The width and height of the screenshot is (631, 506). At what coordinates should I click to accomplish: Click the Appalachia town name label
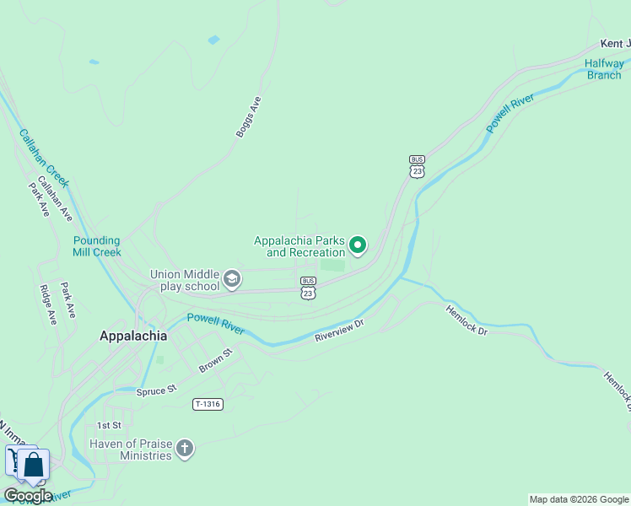point(133,335)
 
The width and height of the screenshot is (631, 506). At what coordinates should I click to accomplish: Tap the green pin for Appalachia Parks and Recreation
point(358,245)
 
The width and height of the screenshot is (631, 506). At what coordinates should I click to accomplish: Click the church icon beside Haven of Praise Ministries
point(185,449)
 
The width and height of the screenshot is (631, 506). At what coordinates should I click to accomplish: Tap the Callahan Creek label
point(43,158)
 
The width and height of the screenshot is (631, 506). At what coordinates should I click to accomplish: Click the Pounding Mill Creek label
point(97,246)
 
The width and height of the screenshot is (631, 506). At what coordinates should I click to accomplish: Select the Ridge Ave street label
point(48,304)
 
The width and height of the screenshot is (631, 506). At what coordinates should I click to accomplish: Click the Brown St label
point(215,360)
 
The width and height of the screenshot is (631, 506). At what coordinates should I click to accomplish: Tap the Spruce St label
point(157,390)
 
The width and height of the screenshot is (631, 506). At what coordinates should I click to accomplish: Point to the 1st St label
point(109,425)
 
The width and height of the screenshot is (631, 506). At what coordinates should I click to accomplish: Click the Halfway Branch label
point(605,69)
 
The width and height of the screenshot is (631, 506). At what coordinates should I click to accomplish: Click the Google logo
point(28,496)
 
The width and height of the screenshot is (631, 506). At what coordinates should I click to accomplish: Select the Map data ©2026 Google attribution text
point(579,499)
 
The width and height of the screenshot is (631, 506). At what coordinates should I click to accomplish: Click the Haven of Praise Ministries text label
point(131,449)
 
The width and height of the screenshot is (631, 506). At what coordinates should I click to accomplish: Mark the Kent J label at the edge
point(615,44)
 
